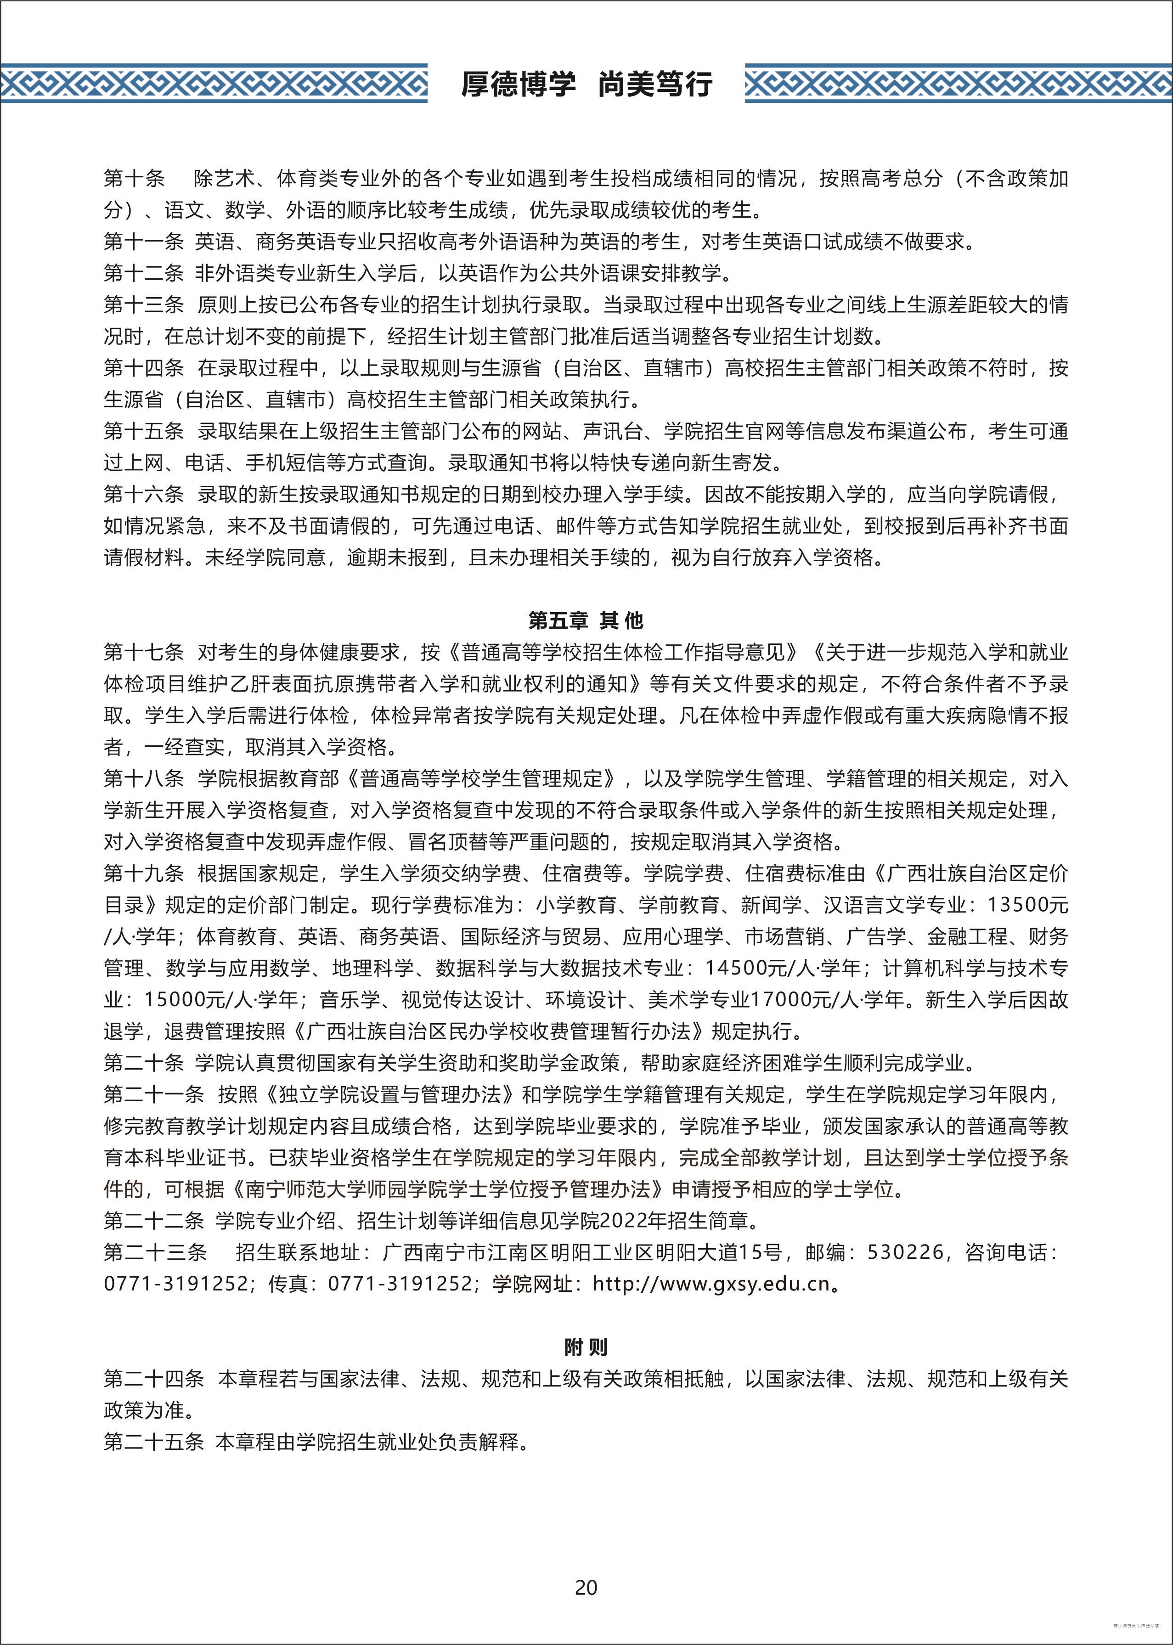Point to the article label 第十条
tap(135, 178)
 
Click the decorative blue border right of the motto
tap(958, 84)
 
